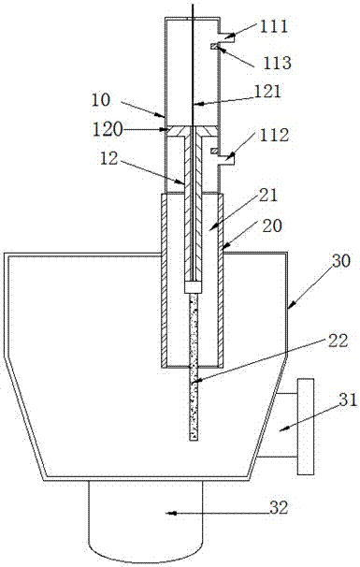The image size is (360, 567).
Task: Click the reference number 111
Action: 274,26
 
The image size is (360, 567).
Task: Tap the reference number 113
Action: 277,63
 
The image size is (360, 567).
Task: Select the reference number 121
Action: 266,91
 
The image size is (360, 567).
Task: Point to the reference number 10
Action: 100,100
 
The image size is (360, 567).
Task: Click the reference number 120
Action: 108,130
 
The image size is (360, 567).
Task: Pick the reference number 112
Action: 274,136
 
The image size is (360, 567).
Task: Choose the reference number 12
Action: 108,158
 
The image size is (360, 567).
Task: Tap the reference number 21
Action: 267,196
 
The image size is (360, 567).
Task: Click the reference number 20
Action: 271,225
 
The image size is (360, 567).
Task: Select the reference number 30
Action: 341,261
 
